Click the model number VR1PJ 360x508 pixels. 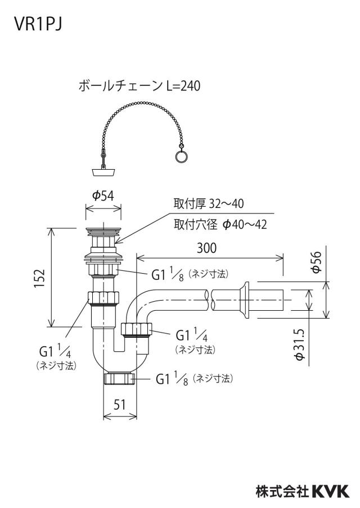[38, 24]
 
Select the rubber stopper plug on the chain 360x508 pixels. [103, 171]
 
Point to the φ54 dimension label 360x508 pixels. [103, 196]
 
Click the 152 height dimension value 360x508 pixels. [39, 278]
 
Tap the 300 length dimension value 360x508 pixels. [206, 248]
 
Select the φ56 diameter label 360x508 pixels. [316, 262]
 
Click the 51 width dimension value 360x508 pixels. [120, 404]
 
